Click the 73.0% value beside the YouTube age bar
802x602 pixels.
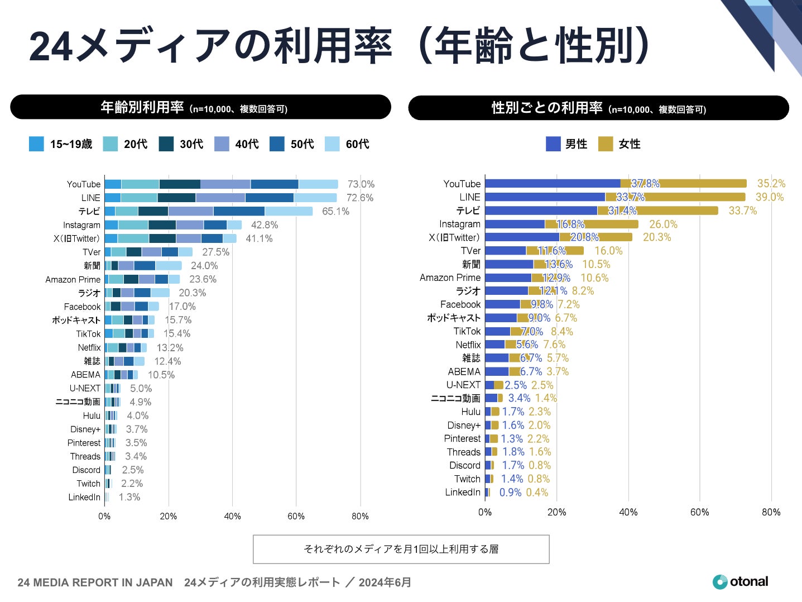pyautogui.click(x=361, y=184)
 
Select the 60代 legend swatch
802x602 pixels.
pyautogui.click(x=332, y=144)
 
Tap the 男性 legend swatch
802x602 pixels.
pyautogui.click(x=553, y=144)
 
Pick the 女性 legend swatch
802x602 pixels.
pyautogui.click(x=606, y=144)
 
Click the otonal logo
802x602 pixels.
pyautogui.click(x=740, y=582)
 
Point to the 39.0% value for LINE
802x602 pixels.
pyautogui.click(x=770, y=197)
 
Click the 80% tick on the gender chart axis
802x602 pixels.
pyautogui.click(x=771, y=512)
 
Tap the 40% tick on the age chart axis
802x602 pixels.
pyautogui.click(x=232, y=517)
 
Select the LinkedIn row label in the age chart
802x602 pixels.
pyautogui.click(x=84, y=497)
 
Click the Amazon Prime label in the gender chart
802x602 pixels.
pyautogui.click(x=450, y=278)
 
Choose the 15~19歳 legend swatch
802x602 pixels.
pyautogui.click(x=36, y=144)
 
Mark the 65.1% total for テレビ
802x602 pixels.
pyautogui.click(x=335, y=212)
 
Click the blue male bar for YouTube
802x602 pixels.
pyautogui.click(x=553, y=184)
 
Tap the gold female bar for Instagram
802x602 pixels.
pyautogui.click(x=611, y=224)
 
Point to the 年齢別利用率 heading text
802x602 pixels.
pyautogui.click(x=142, y=107)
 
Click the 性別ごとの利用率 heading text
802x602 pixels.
pyautogui.click(x=547, y=108)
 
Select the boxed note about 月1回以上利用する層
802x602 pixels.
pyautogui.click(x=401, y=550)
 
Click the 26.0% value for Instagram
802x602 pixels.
pyautogui.click(x=663, y=224)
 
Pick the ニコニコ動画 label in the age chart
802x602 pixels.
pyautogui.click(x=78, y=402)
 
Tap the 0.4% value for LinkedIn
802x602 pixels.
pyautogui.click(x=537, y=493)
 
